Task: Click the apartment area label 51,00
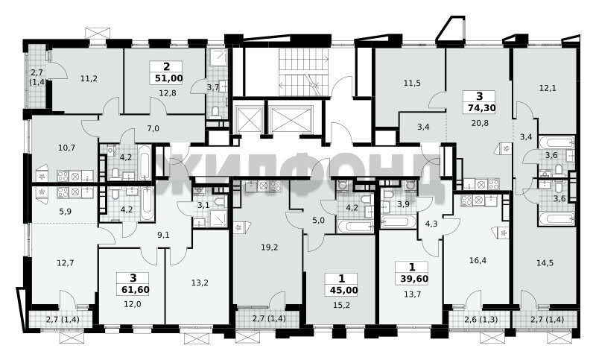click(169, 79)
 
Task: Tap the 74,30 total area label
click(481, 108)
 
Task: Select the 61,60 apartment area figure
click(136, 290)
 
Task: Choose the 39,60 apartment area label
click(414, 279)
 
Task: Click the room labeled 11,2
click(89, 79)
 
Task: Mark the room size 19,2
click(270, 247)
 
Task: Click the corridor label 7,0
click(153, 128)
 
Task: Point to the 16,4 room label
click(478, 260)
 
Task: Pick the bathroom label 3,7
click(212, 88)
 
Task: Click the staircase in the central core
click(303, 72)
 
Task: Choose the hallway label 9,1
click(163, 235)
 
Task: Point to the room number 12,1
click(548, 88)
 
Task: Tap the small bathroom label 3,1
click(203, 206)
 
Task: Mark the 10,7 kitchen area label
click(66, 148)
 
